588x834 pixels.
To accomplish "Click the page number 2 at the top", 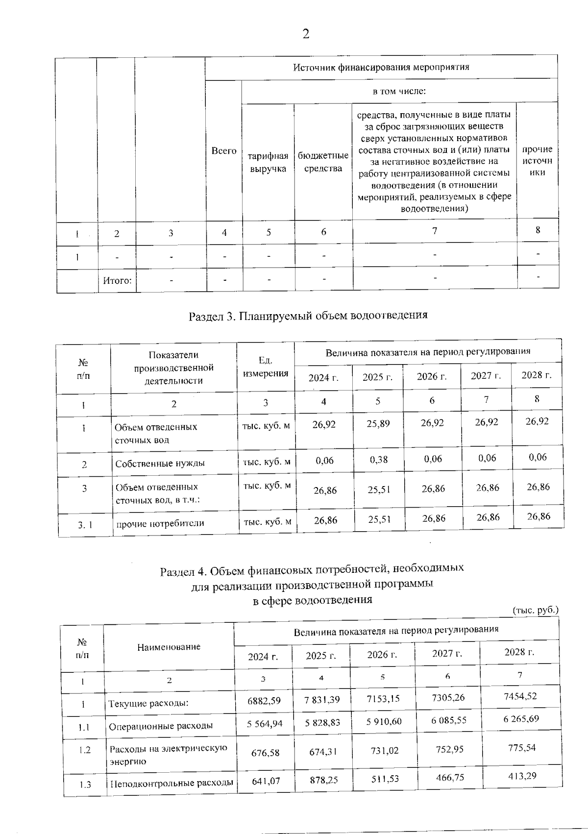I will pyautogui.click(x=306, y=34).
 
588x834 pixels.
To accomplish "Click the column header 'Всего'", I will pyautogui.click(x=224, y=151).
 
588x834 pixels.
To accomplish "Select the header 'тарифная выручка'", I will pyautogui.click(x=268, y=162).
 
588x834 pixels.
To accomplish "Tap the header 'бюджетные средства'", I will pyautogui.click(x=323, y=162).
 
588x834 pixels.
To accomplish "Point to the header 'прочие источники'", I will pyautogui.click(x=537, y=160).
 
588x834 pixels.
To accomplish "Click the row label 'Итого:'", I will pyautogui.click(x=117, y=281).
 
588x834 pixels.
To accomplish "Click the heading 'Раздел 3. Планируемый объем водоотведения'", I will pyautogui.click(x=308, y=315).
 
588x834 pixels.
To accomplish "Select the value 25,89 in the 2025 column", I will pyautogui.click(x=378, y=423).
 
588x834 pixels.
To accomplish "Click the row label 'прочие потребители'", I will pyautogui.click(x=160, y=523).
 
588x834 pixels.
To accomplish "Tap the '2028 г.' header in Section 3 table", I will pyautogui.click(x=536, y=375).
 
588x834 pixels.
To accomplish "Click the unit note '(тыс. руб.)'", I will pyautogui.click(x=535, y=611).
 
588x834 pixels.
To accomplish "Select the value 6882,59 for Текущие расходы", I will pyautogui.click(x=264, y=701).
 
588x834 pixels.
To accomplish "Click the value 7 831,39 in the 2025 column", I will pyautogui.click(x=322, y=700).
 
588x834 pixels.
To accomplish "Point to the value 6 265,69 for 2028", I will pyautogui.click(x=521, y=719).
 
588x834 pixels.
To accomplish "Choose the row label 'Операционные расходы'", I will pyautogui.click(x=161, y=726).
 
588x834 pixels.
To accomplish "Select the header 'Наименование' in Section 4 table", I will pyautogui.click(x=169, y=647).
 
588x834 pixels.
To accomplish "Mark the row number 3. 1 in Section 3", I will pyautogui.click(x=85, y=525).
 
